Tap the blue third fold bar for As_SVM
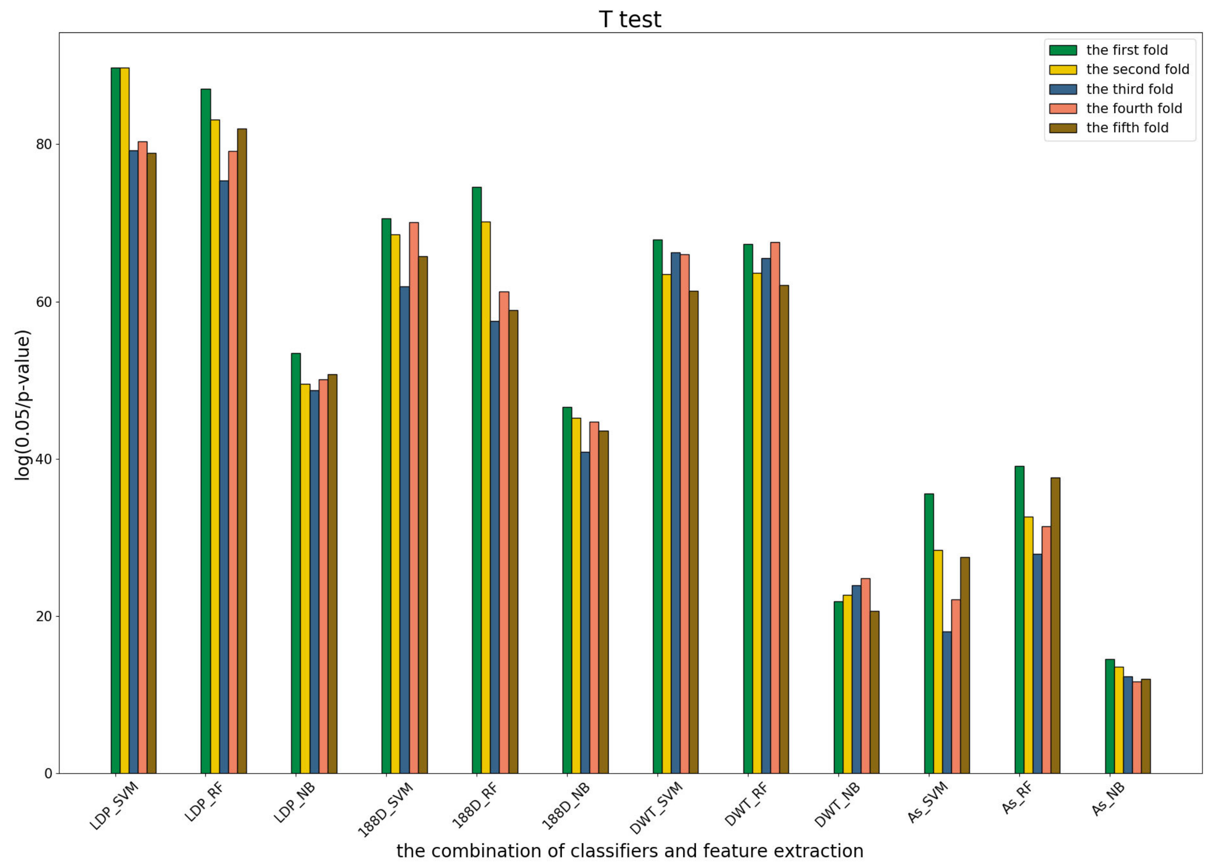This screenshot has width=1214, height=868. [x=947, y=702]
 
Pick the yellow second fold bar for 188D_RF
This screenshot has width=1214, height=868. [x=485, y=497]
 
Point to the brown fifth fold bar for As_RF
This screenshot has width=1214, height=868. [x=1055, y=625]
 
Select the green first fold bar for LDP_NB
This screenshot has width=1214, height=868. [x=295, y=563]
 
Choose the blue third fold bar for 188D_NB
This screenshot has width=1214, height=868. [x=585, y=613]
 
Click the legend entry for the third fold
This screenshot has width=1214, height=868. [x=1130, y=89]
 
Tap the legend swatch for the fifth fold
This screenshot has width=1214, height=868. [x=1063, y=128]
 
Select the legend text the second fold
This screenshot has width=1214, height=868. [x=1138, y=70]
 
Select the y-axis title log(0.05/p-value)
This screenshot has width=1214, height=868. [x=22, y=405]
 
